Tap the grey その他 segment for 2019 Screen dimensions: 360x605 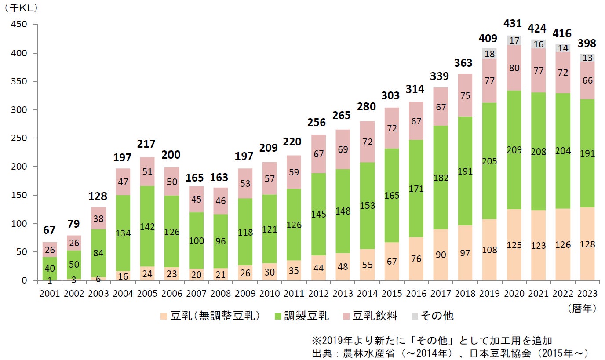click(490, 54)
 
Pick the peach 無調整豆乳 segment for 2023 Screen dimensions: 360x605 click(587, 244)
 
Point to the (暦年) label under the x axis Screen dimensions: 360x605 click(581, 308)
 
